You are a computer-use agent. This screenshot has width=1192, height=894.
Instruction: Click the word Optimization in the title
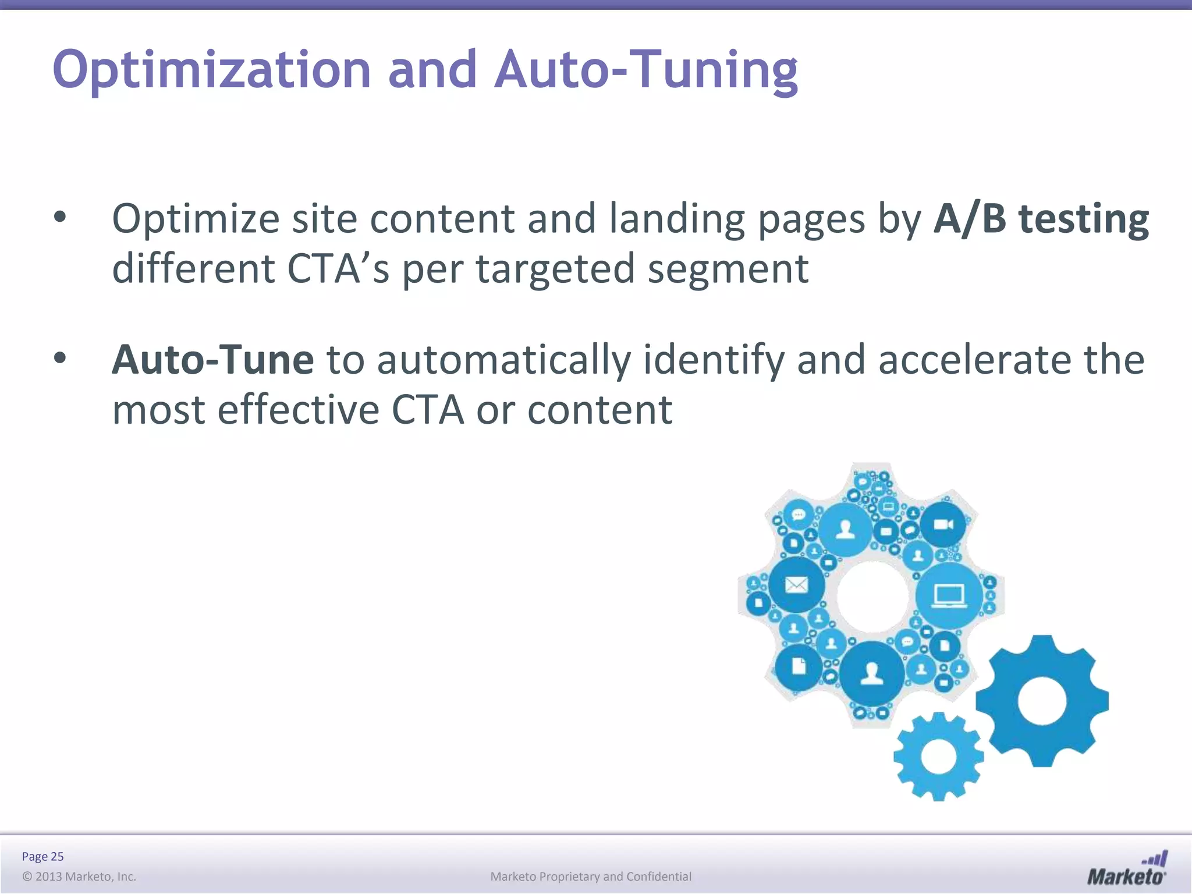[x=211, y=70]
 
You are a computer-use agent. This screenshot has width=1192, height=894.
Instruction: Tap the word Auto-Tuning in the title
[x=646, y=70]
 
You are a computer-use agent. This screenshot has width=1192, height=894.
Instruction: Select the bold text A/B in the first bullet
[x=969, y=219]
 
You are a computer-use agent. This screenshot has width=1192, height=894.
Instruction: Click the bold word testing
[x=1084, y=220]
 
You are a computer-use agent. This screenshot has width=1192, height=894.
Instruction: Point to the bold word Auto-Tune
[x=212, y=360]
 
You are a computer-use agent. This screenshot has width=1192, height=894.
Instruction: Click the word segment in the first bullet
[x=728, y=269]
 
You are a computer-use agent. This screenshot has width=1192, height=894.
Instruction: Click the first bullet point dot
[x=60, y=218]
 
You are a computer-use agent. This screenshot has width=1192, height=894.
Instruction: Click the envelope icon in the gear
[x=796, y=584]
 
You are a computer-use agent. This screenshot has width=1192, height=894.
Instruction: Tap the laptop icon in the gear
[x=949, y=595]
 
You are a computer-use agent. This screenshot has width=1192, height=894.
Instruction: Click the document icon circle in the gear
[x=799, y=666]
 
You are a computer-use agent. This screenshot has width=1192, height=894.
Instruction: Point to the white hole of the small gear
[x=939, y=757]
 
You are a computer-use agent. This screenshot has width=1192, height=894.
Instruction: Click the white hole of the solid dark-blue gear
[x=1042, y=701]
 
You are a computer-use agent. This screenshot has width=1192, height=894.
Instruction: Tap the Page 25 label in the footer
[x=42, y=856]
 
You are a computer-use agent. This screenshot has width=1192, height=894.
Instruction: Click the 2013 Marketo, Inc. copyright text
[x=79, y=877]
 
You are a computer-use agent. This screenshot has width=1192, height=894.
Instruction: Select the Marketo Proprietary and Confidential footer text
[x=591, y=877]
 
